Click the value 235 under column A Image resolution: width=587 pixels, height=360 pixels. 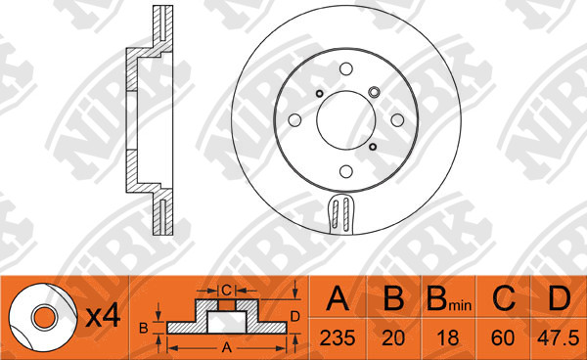338,337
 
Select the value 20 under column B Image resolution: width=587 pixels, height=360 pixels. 393,337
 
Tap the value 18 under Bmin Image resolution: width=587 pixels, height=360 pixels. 448,337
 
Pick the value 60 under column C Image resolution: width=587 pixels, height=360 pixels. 503,337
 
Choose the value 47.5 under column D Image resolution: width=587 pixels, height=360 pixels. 559,337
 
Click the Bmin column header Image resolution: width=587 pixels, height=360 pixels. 449,299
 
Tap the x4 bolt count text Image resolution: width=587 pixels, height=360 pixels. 103,317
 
